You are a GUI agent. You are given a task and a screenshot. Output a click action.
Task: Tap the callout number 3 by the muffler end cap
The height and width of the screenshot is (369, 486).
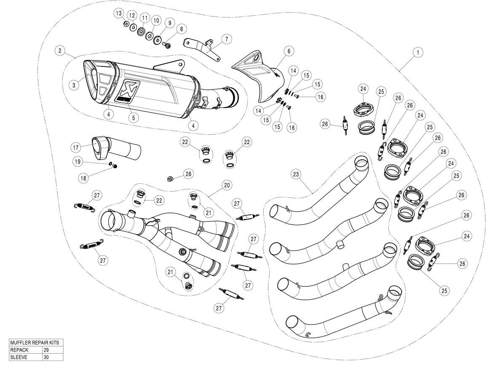click(x=74, y=85)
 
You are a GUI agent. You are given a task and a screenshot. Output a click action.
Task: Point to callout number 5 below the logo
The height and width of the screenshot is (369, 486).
click(x=133, y=118)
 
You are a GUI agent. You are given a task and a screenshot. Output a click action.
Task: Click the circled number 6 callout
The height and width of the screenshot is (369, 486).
click(x=289, y=51)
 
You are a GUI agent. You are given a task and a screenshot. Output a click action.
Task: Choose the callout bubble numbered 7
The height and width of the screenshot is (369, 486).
click(x=226, y=40)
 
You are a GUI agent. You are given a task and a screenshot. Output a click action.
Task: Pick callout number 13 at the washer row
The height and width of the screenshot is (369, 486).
click(x=119, y=13)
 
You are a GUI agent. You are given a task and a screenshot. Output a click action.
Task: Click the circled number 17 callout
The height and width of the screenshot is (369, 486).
click(x=76, y=148)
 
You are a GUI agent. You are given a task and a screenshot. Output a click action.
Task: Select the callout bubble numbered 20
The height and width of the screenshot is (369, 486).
click(x=227, y=185)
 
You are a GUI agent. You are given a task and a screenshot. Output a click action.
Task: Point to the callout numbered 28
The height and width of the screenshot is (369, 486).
click(x=187, y=174)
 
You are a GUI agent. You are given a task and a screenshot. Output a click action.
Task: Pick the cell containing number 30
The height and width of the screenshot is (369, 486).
click(x=52, y=357)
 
